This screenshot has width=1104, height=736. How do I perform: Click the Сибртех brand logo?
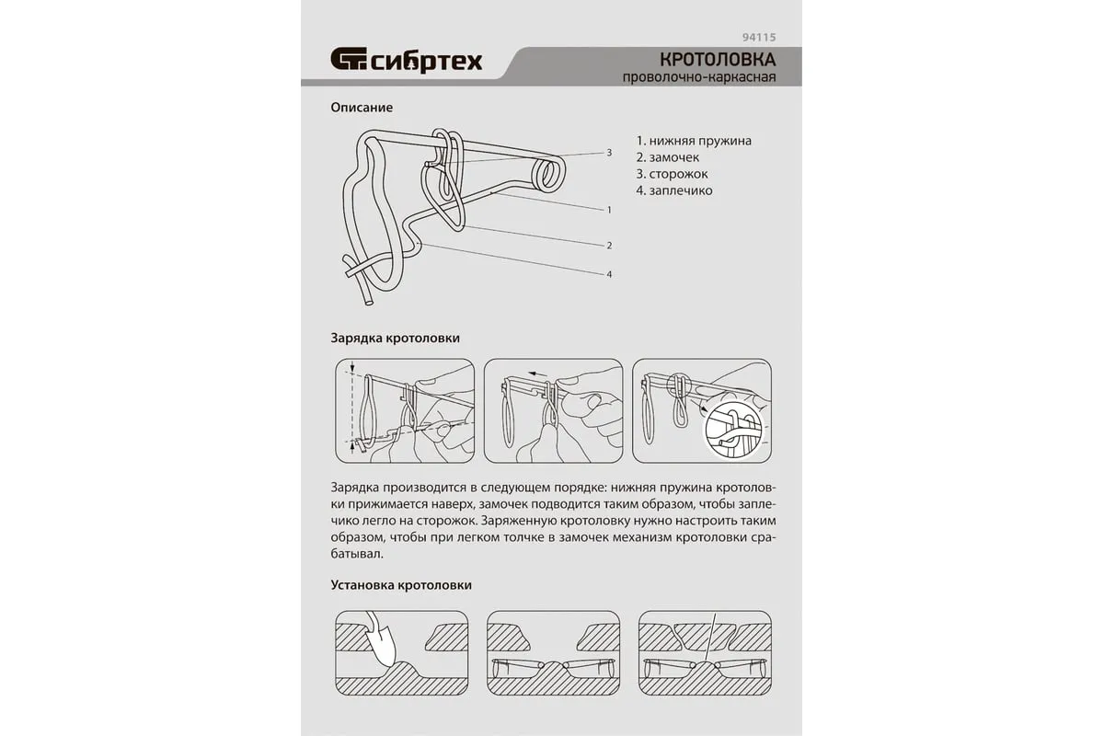point(406,61)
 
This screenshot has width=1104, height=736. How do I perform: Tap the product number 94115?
point(760,38)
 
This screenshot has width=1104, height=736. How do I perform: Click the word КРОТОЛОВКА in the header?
point(719,60)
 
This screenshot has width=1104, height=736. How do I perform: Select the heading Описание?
point(362,108)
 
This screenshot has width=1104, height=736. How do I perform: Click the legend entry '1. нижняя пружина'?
point(694,141)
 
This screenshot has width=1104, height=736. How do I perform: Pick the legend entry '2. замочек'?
point(668,157)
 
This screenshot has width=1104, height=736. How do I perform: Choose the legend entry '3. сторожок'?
point(673,174)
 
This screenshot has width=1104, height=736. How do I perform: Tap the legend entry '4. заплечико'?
point(674,190)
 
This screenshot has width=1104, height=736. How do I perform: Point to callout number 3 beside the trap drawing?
point(609,153)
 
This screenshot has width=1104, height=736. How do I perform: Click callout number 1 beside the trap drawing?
point(609,210)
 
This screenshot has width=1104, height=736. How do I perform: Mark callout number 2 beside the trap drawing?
point(609,246)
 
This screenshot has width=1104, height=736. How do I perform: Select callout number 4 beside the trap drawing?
point(609,274)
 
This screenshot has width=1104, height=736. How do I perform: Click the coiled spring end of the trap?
point(548,175)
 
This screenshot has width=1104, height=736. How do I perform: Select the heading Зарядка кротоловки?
point(396,339)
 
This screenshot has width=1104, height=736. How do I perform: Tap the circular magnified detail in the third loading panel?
point(734,428)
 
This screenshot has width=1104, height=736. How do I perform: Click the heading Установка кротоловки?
point(401,585)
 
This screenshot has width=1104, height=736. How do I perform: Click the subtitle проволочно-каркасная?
point(699,77)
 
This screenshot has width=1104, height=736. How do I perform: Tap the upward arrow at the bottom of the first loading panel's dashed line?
point(352,445)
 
